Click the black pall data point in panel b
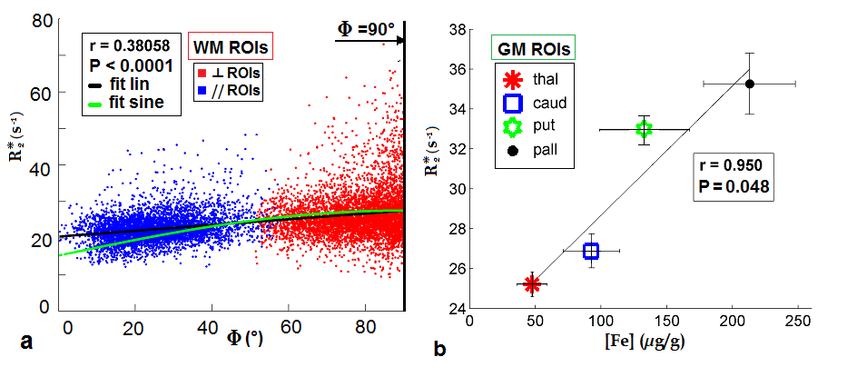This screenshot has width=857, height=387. [x=750, y=84]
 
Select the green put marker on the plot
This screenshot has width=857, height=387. [x=645, y=129]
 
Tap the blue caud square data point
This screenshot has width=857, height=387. [x=591, y=251]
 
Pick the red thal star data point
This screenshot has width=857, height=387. [x=532, y=284]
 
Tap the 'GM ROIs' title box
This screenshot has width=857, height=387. [x=536, y=47]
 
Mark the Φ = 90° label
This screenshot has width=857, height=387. [x=367, y=28]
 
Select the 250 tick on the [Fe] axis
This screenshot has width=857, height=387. [x=798, y=322]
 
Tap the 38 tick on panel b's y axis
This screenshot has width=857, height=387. [x=457, y=30]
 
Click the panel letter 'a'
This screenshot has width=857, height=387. [x=26, y=343]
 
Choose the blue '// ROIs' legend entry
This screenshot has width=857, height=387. [x=231, y=91]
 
